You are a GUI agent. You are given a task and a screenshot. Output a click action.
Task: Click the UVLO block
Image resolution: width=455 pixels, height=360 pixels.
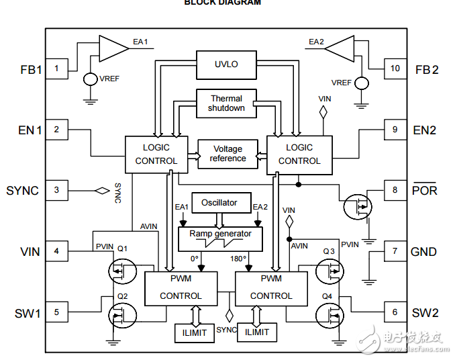tap(225, 64)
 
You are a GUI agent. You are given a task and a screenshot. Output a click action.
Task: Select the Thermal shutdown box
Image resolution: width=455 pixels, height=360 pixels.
tap(226, 103)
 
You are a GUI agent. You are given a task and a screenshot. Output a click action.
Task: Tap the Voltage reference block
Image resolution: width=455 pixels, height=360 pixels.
tap(228, 154)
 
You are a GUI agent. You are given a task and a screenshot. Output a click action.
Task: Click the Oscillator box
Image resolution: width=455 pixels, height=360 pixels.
tap(219, 202)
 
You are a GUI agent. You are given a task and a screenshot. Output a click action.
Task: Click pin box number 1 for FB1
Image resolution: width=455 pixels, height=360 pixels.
tap(56, 68)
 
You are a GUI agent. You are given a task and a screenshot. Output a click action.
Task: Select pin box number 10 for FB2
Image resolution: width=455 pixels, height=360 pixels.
tap(395, 68)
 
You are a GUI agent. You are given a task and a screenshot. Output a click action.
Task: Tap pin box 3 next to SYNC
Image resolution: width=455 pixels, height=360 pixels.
tap(56, 190)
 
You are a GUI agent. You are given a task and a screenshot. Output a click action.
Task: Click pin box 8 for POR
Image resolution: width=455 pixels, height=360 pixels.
tap(395, 190)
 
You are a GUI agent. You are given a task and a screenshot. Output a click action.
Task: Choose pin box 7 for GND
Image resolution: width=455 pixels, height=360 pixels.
tap(395, 252)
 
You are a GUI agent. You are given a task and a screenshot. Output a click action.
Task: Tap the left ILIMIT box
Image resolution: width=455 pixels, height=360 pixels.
tap(195, 332)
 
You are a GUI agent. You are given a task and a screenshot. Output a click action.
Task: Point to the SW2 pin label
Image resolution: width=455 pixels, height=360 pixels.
tap(424, 312)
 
